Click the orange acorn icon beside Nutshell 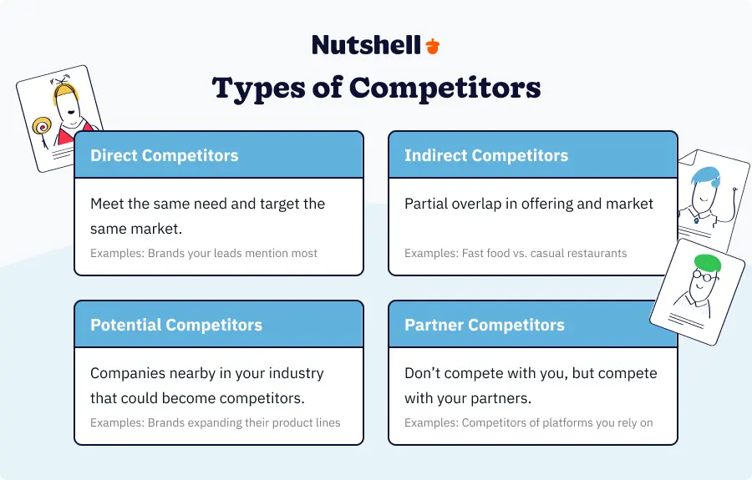[433, 46]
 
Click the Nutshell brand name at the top [367, 45]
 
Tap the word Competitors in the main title [445, 88]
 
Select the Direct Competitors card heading [165, 155]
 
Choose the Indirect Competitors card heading [486, 155]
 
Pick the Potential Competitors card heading [176, 325]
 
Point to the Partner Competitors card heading [485, 325]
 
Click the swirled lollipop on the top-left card [41, 126]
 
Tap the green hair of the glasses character [708, 263]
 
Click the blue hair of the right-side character [706, 177]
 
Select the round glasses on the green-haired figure [703, 276]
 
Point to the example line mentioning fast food [516, 253]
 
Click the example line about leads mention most [204, 253]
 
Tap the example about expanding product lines [216, 422]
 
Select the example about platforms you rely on [529, 422]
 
